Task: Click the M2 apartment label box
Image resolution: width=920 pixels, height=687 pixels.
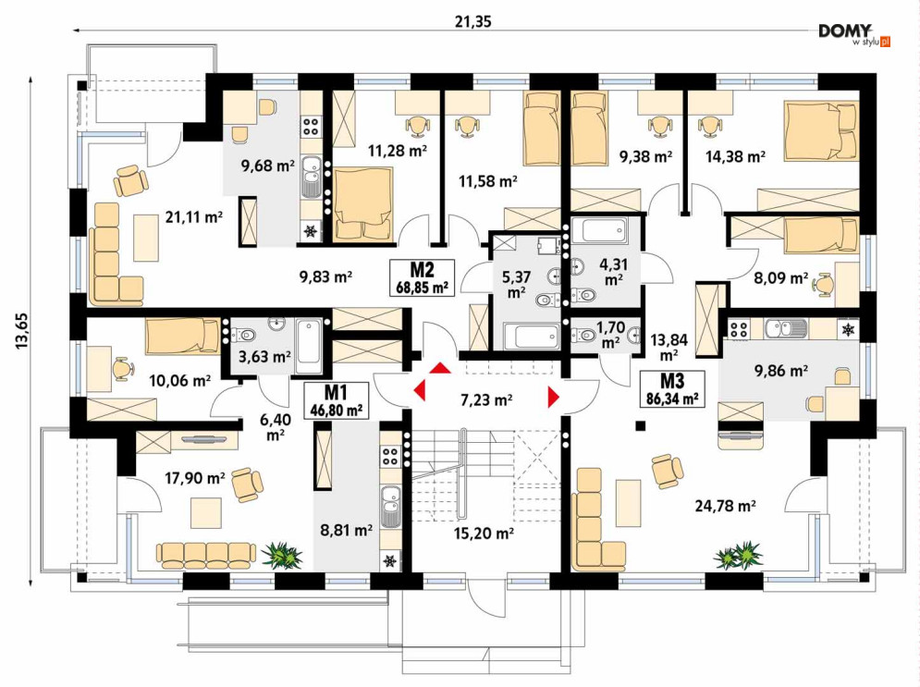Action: tap(423, 276)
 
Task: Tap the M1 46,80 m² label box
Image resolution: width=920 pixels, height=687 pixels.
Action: tap(337, 400)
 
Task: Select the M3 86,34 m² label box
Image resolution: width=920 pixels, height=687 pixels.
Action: tap(672, 388)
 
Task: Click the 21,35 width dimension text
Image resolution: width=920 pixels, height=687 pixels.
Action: tap(472, 22)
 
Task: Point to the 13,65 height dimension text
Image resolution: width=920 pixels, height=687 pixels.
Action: tap(21, 331)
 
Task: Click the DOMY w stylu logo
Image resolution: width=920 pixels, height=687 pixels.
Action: tap(853, 34)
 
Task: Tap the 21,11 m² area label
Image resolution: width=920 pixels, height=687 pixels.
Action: tap(193, 217)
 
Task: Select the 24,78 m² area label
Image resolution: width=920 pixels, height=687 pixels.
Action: tap(725, 505)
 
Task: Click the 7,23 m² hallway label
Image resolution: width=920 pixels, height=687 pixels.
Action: tap(486, 400)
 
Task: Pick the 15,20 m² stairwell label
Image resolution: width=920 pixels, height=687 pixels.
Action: tap(485, 534)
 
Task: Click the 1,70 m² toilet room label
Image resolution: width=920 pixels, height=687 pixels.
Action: tap(610, 335)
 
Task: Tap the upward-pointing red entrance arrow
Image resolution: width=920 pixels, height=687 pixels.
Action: tap(441, 368)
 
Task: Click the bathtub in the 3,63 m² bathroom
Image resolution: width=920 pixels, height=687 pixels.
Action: tap(309, 347)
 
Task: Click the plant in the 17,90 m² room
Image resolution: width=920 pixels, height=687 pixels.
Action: tap(282, 555)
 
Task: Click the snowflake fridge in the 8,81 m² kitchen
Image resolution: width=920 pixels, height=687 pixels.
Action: tap(389, 561)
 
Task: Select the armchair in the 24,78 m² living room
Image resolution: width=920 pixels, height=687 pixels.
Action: tap(667, 469)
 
